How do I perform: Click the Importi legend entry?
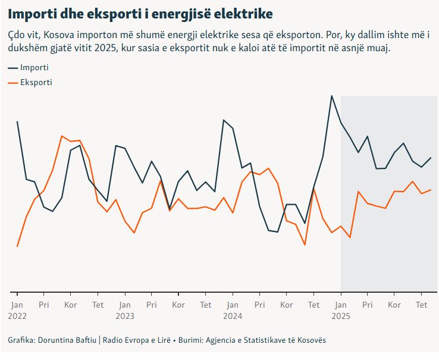click(x=34, y=67)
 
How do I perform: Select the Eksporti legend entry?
click(x=36, y=82)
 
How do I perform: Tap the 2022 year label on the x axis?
click(x=17, y=316)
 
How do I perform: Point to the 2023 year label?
click(x=125, y=316)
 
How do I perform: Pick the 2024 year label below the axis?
click(x=233, y=316)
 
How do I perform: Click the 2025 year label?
click(x=341, y=316)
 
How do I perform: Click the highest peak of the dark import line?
click(x=332, y=95)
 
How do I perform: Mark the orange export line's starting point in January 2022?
click(x=17, y=246)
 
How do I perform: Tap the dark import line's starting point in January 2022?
click(x=17, y=121)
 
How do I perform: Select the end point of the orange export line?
click(x=431, y=190)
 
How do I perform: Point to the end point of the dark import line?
click(x=431, y=158)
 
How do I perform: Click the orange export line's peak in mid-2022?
click(x=62, y=136)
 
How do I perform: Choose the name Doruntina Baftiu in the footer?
click(x=68, y=341)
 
